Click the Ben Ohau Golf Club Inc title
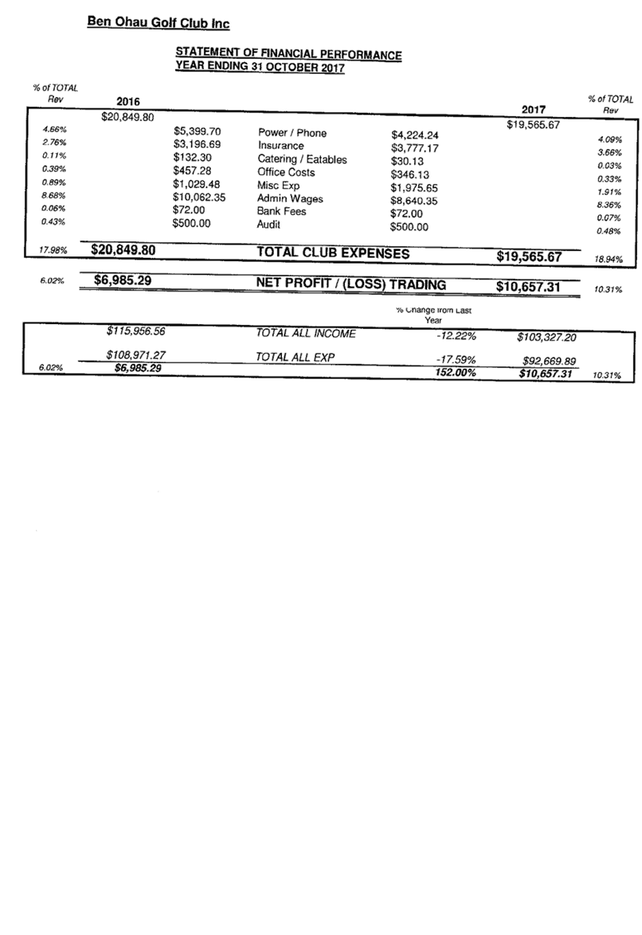point(159,22)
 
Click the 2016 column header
point(128,101)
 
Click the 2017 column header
point(534,109)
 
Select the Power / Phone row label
point(292,132)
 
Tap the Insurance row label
point(281,146)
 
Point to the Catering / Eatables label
point(302,159)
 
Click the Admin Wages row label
point(290,198)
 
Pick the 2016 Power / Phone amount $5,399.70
point(198,131)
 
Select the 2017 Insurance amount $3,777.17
point(415,148)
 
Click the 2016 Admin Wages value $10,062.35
point(199,198)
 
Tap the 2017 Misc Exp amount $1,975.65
point(414,188)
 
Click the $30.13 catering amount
point(408,162)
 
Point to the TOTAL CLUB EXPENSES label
point(333,252)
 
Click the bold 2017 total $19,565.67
point(529,256)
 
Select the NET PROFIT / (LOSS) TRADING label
point(350,284)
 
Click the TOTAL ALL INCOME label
point(306,334)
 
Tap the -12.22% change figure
point(456,336)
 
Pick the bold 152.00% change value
point(456,373)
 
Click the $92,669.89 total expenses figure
point(549,361)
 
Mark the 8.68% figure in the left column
point(53,195)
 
